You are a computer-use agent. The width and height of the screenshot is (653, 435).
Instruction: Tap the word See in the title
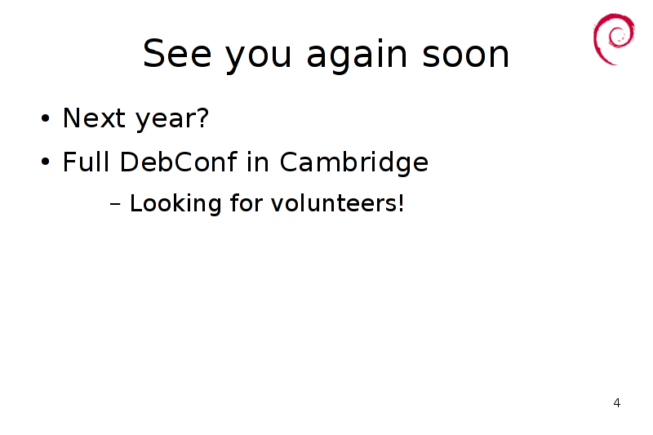point(177,54)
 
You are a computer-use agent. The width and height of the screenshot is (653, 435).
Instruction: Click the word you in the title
point(258,58)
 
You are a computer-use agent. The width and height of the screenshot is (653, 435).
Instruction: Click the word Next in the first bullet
point(94,118)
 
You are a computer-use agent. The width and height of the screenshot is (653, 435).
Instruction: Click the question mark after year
point(202,118)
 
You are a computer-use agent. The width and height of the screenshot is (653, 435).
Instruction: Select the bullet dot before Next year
point(46,118)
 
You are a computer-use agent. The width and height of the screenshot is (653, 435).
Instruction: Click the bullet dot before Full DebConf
point(46,162)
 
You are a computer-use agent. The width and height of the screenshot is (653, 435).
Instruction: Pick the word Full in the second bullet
point(87,161)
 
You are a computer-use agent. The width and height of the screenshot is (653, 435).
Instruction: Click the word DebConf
point(179,161)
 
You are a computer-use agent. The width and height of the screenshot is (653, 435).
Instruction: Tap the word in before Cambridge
point(258,161)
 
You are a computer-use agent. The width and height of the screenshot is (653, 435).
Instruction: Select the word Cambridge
point(354,162)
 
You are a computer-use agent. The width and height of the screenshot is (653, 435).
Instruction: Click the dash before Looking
point(115,204)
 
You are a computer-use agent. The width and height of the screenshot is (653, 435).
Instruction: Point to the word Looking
point(175,204)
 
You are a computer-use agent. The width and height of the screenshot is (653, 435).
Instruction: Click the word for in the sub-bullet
point(247,202)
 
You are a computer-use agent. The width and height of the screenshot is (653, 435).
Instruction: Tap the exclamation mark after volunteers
point(401,202)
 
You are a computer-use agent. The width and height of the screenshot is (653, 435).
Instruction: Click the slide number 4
point(617,403)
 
